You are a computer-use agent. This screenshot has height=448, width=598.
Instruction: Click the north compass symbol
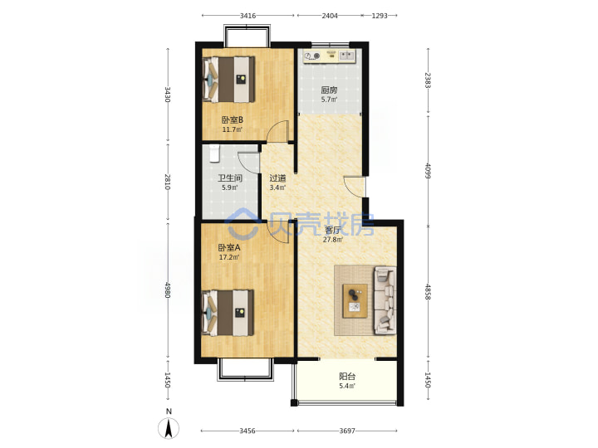tap(169, 427)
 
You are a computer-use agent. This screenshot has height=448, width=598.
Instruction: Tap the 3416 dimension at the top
tap(248, 16)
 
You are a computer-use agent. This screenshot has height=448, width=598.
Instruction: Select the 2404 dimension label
tap(330, 16)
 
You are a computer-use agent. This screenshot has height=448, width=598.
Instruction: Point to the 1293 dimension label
tap(380, 16)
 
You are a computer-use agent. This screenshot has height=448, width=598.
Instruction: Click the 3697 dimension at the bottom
tap(347, 431)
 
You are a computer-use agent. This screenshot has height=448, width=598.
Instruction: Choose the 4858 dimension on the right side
tap(428, 292)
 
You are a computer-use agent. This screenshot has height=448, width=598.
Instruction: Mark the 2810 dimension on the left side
tap(168, 182)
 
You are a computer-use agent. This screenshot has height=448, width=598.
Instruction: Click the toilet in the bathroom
tap(214, 153)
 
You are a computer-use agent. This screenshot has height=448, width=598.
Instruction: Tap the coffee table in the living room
tap(355, 300)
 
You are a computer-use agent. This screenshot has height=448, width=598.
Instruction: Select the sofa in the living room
tap(385, 300)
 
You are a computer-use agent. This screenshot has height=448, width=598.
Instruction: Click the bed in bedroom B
tap(228, 80)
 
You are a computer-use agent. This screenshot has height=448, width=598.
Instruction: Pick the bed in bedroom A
tap(228, 313)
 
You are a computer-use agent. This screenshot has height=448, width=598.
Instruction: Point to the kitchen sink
tap(346, 56)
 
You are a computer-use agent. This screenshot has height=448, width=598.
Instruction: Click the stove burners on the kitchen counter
tap(312, 56)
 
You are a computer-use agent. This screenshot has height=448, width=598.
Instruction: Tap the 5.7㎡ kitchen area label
tap(329, 100)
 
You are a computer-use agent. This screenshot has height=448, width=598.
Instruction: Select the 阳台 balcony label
tap(347, 377)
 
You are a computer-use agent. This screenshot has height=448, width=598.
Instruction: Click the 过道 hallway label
tap(277, 178)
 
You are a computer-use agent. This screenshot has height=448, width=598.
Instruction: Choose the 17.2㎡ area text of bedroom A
tap(229, 257)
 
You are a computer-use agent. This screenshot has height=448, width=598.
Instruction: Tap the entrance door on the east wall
tap(355, 187)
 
